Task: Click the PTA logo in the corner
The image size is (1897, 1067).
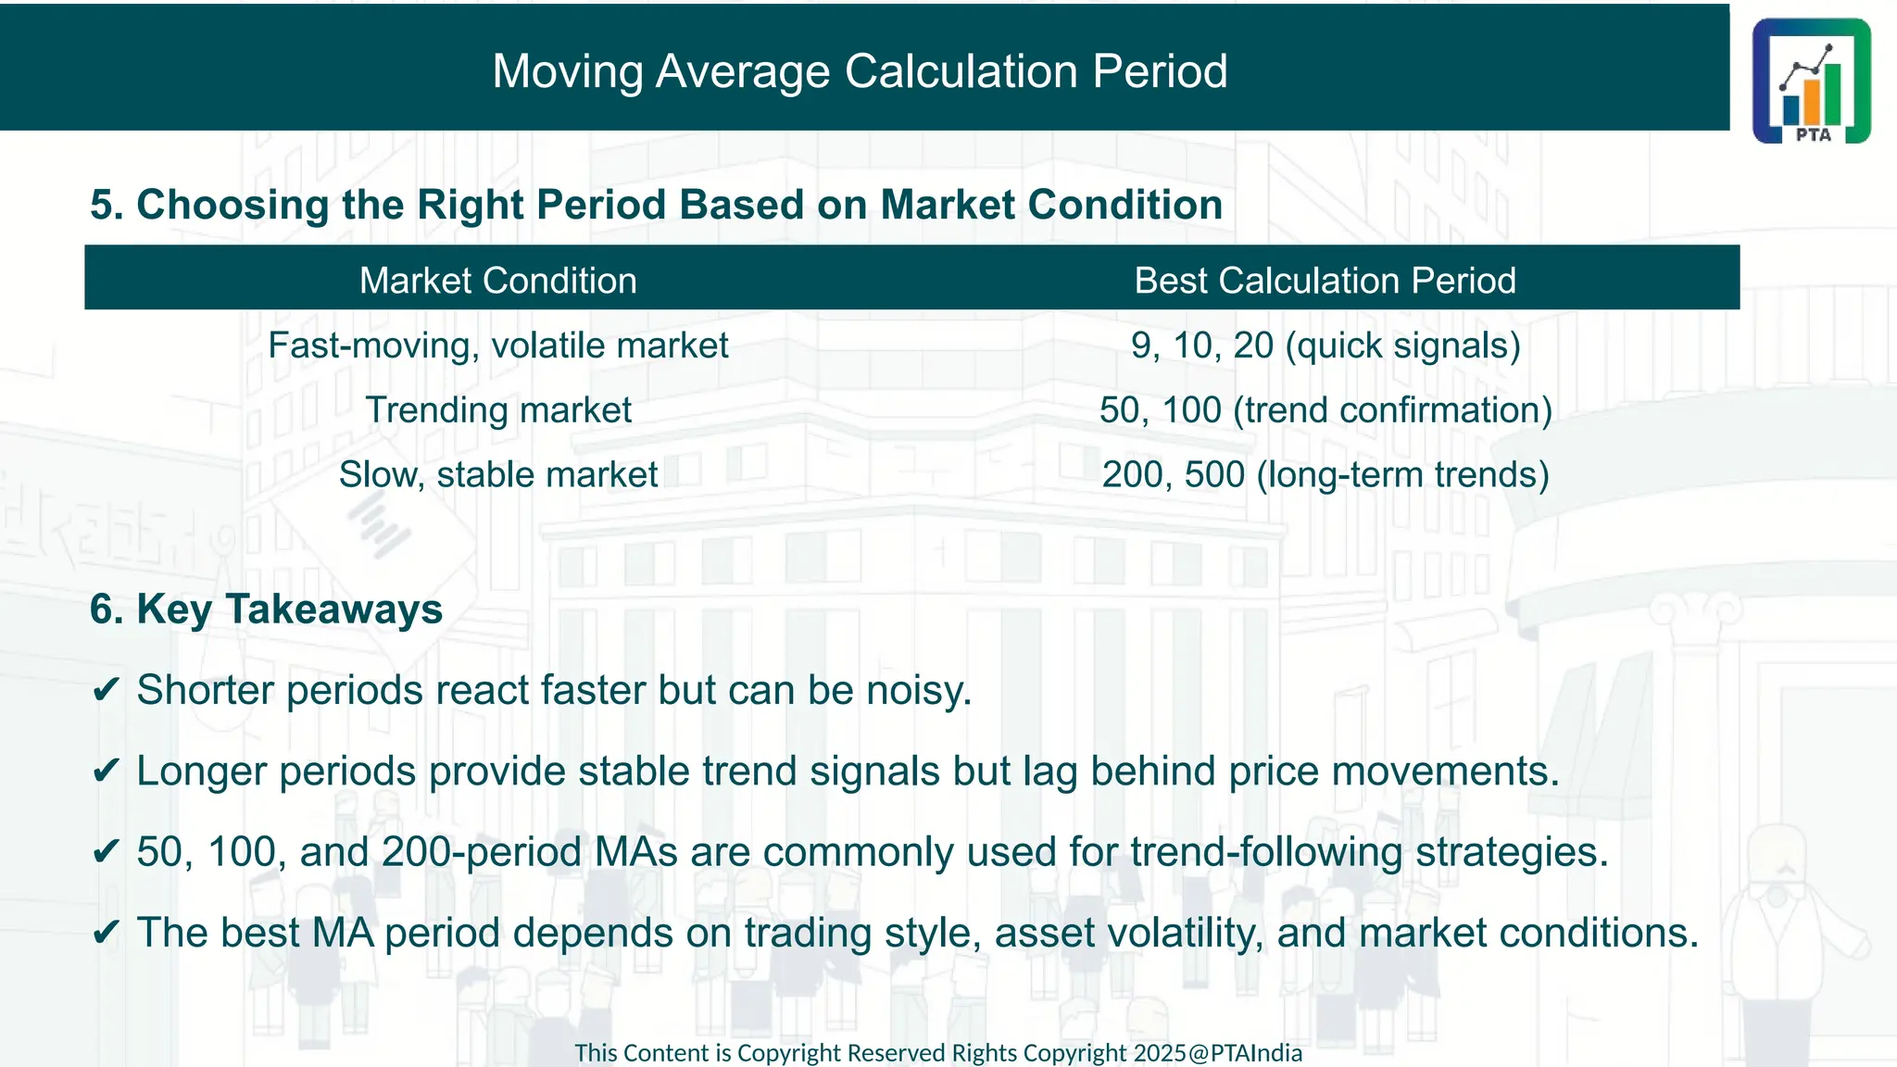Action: [x=1811, y=81]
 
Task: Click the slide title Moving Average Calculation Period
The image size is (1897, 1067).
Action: [x=860, y=71]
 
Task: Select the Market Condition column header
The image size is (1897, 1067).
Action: [x=498, y=281]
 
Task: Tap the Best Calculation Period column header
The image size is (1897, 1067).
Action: [x=1325, y=281]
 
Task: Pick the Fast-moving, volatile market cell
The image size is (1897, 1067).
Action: [x=498, y=345]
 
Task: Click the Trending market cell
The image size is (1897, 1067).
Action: [x=498, y=410]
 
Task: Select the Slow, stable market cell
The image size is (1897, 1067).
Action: [x=498, y=475]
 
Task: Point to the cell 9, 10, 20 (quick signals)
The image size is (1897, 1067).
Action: [x=1325, y=345]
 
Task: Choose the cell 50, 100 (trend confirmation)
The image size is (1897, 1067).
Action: [x=1325, y=410]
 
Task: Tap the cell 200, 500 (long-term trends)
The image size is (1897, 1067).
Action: [x=1325, y=475]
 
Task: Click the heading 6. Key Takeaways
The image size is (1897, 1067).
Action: [x=267, y=609]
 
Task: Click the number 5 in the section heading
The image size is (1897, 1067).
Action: [x=102, y=205]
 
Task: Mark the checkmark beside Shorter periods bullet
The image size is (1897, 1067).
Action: [x=107, y=691]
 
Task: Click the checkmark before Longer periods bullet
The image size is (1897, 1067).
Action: [x=107, y=772]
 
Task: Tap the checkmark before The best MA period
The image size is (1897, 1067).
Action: [x=107, y=933]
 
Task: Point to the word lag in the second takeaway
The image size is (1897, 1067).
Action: [x=1050, y=772]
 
